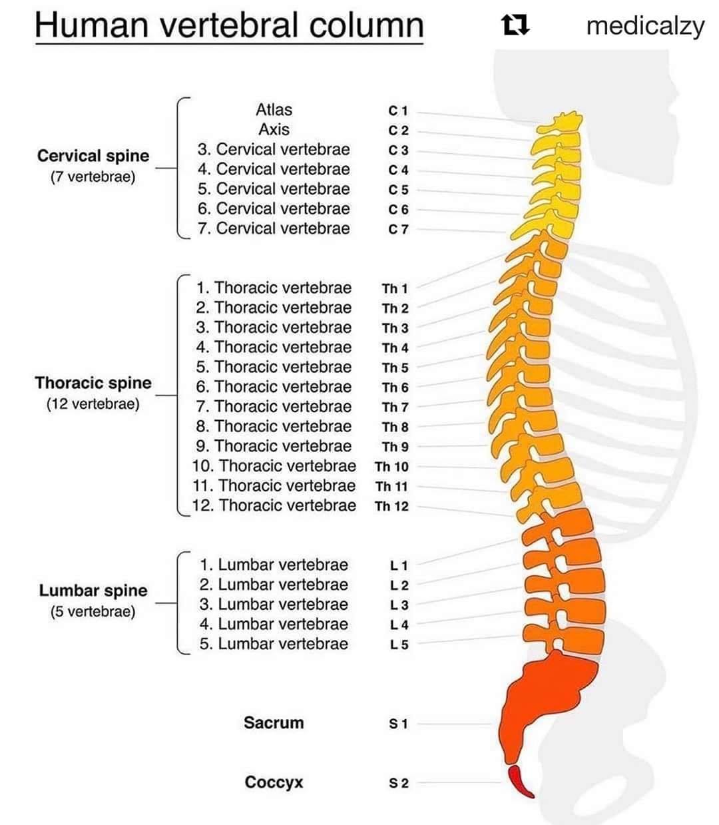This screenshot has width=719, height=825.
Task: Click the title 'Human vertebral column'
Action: (229, 25)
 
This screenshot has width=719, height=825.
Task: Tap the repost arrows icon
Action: (516, 25)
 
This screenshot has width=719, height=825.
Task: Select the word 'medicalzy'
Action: (645, 27)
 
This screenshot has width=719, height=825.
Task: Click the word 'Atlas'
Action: (274, 110)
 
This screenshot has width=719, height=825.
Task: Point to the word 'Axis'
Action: (274, 129)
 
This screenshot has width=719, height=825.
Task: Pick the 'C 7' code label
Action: (398, 229)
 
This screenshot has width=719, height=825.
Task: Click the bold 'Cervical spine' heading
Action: (93, 156)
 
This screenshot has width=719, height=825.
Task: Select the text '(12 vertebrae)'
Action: (93, 404)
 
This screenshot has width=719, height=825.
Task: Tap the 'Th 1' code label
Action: (395, 289)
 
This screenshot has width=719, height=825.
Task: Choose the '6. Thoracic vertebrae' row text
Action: (274, 387)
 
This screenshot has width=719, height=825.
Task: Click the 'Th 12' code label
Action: (391, 506)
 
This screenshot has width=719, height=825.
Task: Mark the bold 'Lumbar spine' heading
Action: (93, 591)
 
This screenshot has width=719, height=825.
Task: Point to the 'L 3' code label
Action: (399, 605)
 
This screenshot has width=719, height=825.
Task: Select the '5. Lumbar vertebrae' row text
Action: (274, 643)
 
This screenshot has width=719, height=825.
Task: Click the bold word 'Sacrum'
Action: (274, 722)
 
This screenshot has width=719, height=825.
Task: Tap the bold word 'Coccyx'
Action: (274, 782)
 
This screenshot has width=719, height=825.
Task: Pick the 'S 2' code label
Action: (399, 783)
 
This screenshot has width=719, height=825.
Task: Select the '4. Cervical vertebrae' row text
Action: (274, 169)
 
